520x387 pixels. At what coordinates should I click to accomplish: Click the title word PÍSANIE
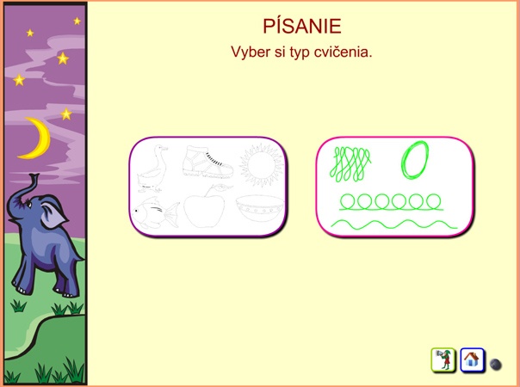point(302,26)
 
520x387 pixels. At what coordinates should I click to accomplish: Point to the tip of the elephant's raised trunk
point(34,175)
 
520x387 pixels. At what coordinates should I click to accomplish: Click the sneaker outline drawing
point(207,163)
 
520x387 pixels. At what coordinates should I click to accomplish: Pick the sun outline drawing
point(262,164)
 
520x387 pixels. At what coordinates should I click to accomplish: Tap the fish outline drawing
point(155,213)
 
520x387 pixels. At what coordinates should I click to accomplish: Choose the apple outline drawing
point(206,207)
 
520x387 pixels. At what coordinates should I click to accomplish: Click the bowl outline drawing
point(260,208)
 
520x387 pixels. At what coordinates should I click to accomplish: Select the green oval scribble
point(415,160)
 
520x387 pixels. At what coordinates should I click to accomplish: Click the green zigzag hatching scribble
point(350,164)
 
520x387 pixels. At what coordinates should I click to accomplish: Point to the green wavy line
point(394,224)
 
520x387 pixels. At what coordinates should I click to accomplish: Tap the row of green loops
point(391,202)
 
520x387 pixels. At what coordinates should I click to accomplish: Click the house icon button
point(472,359)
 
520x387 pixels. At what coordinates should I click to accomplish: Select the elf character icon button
point(443,359)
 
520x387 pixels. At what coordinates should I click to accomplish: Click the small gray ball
point(495,364)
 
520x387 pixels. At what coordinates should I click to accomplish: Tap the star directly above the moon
point(66,114)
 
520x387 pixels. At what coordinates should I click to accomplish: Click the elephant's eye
point(30,205)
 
